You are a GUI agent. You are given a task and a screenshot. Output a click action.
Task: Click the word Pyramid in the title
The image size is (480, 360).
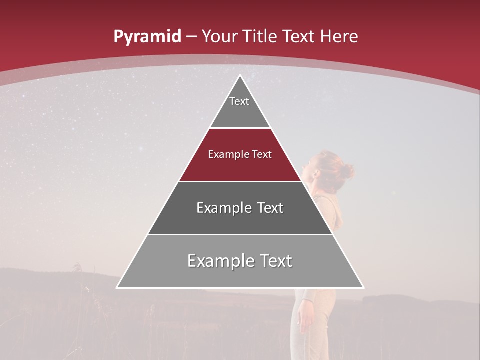click(x=147, y=37)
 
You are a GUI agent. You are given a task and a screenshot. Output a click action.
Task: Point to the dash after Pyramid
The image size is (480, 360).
click(x=191, y=37)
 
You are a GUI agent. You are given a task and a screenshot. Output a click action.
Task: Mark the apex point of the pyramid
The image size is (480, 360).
click(x=240, y=76)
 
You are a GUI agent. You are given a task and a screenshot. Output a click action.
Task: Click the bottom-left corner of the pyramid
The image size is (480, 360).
click(x=117, y=287)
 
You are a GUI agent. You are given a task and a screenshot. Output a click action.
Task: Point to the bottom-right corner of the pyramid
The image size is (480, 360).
click(x=363, y=287)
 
